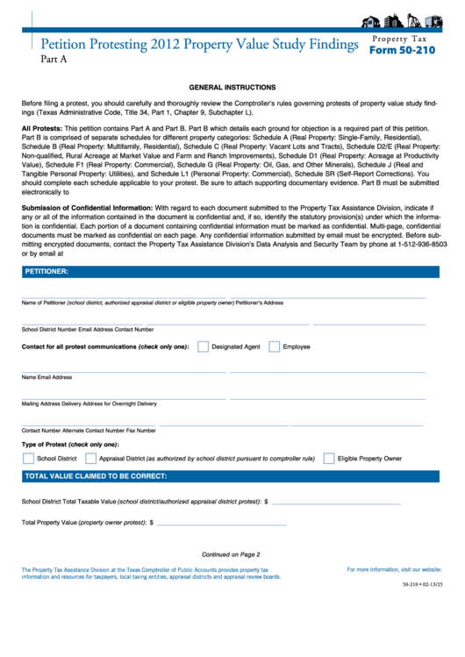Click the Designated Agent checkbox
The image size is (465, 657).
tap(203, 346)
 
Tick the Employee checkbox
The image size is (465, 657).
tap(274, 346)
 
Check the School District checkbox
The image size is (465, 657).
tap(27, 458)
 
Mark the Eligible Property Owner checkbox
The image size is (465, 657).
tap(329, 458)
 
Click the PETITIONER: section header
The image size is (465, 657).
tap(46, 272)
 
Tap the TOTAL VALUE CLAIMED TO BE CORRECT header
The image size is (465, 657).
tap(96, 476)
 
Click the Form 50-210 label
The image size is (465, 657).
tap(401, 50)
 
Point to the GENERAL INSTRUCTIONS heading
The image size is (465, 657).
tap(232, 88)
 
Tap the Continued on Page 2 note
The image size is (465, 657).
tap(231, 554)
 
